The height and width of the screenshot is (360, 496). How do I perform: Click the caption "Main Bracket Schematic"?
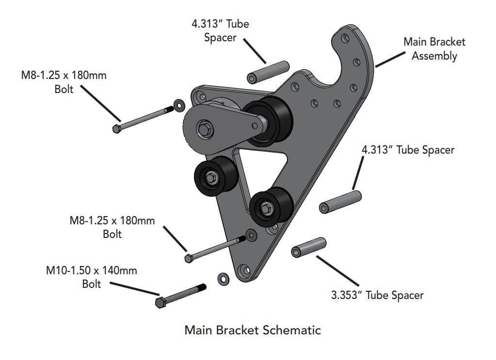coord(253,330)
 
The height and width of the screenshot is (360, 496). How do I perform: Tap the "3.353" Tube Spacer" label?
coord(377,295)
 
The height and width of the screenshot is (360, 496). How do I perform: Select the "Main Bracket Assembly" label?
coord(434,48)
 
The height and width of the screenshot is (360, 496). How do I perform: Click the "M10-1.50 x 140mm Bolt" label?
coord(92,277)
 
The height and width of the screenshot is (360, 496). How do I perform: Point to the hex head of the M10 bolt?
coord(160,302)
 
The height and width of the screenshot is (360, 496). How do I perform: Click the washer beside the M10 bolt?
coord(224,279)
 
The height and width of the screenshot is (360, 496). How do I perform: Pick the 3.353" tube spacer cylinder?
coord(309,247)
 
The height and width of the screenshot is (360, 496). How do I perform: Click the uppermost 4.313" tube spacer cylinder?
coord(268,72)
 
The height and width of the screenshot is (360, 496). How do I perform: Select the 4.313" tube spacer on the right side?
coord(340,202)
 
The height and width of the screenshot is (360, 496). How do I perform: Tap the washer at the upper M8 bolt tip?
coord(180,105)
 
